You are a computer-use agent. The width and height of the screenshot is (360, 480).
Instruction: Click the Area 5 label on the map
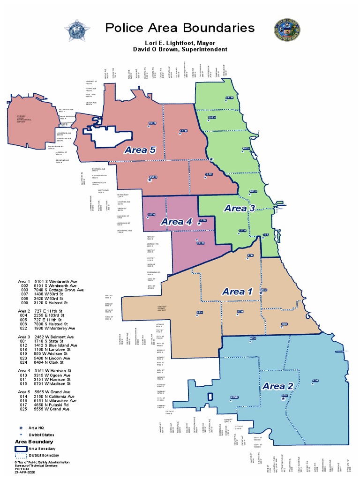point(140,150)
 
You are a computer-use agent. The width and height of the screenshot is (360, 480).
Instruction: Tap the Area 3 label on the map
point(240,208)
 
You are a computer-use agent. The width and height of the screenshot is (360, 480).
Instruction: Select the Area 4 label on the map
point(177,222)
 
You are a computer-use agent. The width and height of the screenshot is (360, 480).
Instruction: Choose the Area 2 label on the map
point(278,386)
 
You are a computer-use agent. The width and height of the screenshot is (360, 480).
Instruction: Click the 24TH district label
point(229,97)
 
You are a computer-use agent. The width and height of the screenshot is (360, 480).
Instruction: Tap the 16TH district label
point(152,123)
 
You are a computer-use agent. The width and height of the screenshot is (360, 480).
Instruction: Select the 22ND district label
point(234,397)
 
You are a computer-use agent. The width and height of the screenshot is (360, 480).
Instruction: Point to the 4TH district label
point(315,380)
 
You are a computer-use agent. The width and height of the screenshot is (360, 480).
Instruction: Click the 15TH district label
point(151,215)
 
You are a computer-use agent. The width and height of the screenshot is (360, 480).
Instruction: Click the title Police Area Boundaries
point(180,28)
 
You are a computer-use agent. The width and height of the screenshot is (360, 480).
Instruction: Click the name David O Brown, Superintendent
point(180,49)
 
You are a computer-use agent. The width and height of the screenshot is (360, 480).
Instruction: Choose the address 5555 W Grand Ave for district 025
point(52,409)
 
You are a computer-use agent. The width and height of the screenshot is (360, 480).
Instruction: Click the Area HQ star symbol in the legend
point(21,428)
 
